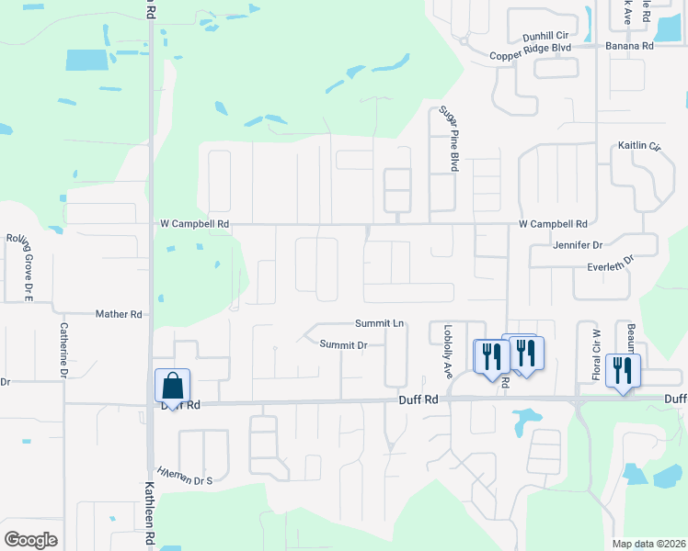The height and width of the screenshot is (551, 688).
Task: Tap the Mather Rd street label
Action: coord(119,314)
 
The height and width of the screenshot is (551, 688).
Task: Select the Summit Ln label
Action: coord(380,323)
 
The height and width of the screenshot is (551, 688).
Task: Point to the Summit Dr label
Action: coord(344,344)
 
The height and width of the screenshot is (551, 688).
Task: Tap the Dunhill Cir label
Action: coord(545,37)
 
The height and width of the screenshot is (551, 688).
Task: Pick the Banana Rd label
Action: coord(629,45)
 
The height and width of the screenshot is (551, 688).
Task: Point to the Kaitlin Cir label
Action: coord(642,146)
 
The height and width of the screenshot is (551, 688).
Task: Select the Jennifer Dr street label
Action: coord(578,245)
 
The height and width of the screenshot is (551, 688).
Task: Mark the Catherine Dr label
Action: coord(64,349)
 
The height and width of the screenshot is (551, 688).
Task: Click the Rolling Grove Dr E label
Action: coord(19,265)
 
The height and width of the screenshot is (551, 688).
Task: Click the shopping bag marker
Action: coord(172,387)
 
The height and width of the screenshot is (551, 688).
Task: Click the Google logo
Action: coord(30,540)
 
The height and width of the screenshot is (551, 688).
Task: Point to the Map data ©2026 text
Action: coord(648,544)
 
